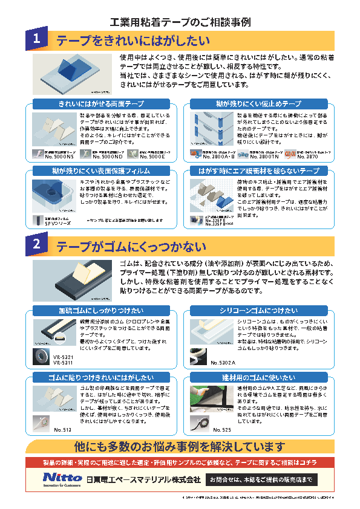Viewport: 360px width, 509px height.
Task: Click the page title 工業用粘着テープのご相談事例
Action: click(x=180, y=22)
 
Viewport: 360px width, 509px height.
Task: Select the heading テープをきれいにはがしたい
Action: click(x=133, y=41)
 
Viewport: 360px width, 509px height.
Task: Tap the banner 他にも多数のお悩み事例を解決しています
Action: click(x=180, y=447)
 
